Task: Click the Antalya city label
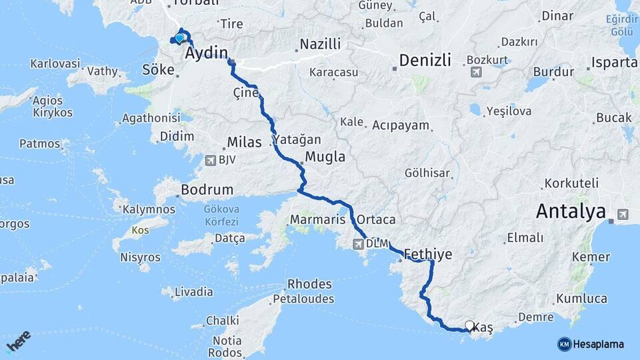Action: point(571,212)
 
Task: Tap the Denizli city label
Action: point(427,61)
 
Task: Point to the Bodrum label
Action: point(207,190)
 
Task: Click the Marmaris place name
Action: point(317,219)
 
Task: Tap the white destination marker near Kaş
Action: point(469,325)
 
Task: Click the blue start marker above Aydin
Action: point(179,37)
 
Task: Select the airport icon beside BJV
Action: point(211,160)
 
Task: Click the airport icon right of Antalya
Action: point(622,214)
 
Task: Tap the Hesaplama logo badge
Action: point(591,344)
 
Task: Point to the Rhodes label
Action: point(309,285)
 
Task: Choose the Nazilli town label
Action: point(320,44)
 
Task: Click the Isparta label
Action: point(614,63)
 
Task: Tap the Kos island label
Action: point(140,230)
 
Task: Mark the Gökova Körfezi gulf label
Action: point(221,214)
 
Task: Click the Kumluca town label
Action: point(581,299)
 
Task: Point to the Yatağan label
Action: point(296,140)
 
